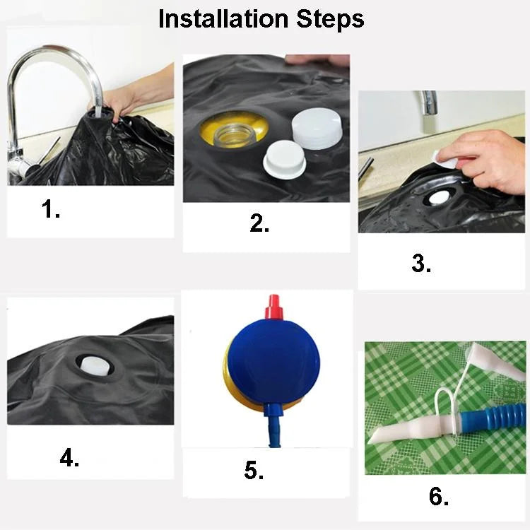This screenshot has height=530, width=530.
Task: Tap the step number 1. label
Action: tap(51, 209)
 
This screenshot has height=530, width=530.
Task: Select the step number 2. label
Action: tap(259, 223)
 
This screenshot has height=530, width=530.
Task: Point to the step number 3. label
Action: tap(421, 264)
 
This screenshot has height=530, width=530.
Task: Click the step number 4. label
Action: tap(69, 459)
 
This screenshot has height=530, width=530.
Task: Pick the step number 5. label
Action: tap(254, 471)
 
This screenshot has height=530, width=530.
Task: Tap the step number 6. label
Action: tap(439, 497)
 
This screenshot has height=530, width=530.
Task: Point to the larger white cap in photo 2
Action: tap(316, 129)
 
